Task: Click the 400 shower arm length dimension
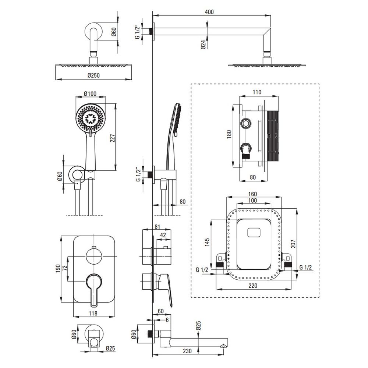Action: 209,11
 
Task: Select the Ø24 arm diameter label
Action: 203,45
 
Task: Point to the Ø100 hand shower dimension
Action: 90,94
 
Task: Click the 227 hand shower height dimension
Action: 113,138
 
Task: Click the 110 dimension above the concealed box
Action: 256,92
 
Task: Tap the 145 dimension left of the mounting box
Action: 207,242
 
